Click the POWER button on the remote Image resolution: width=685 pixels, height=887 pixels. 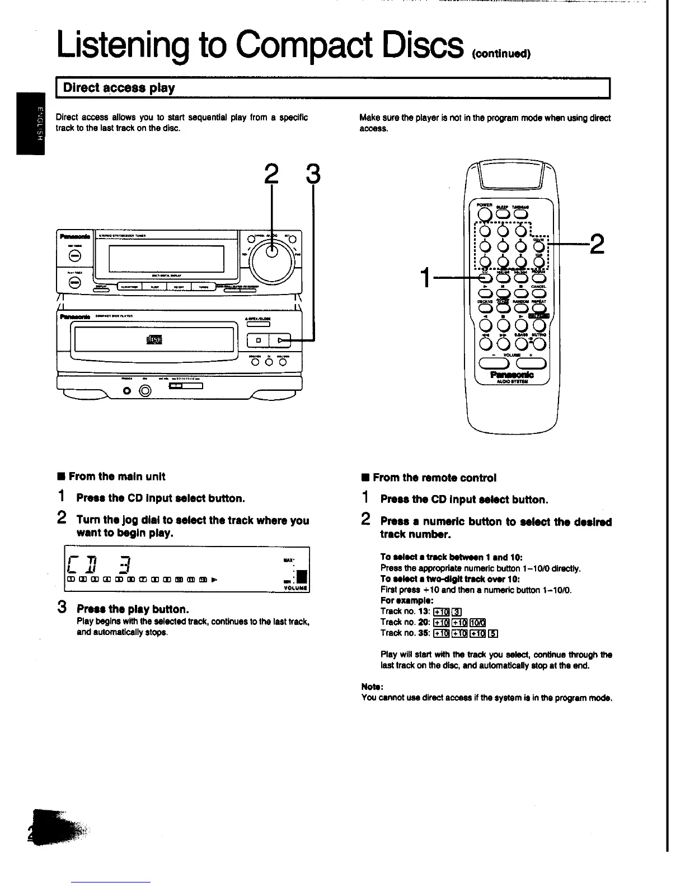click(486, 214)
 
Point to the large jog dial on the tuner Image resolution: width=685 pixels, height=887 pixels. click(271, 253)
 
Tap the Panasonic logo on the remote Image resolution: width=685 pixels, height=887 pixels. click(512, 375)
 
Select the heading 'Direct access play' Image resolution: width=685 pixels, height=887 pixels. click(119, 88)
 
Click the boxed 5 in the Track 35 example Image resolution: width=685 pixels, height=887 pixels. click(492, 633)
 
